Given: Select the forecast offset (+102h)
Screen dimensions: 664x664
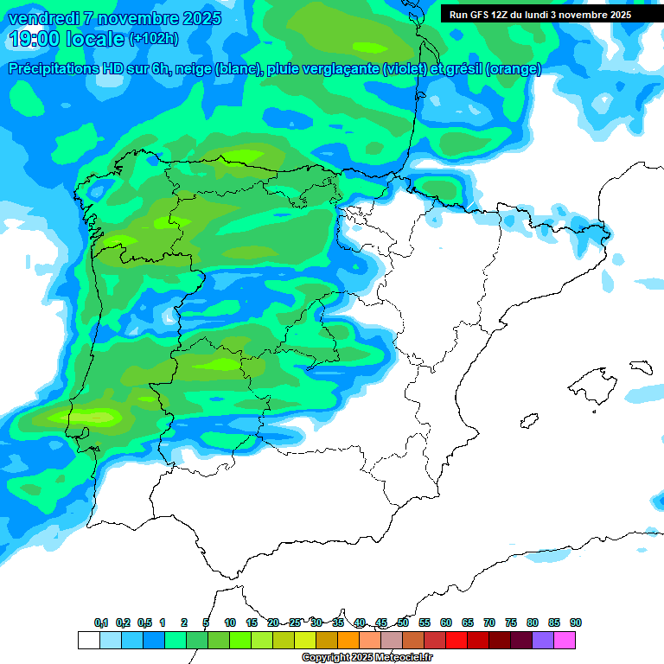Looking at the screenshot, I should coord(153,39).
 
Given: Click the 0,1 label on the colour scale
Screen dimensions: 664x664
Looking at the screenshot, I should coord(101,622).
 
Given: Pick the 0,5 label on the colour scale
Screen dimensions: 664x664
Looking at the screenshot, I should coord(144,622).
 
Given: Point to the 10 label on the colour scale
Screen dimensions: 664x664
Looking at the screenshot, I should coord(230,622).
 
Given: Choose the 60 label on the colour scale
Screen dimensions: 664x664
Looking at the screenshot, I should coord(446,622).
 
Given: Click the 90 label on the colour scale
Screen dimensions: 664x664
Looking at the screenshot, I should coord(576,622).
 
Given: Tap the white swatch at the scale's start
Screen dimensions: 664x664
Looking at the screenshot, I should coord(88,640).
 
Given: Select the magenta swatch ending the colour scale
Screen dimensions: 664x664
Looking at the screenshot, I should coord(565,640).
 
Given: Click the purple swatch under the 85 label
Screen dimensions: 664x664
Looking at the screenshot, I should coord(543,640).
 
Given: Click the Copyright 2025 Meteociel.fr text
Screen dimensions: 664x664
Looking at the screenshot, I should coord(367,658).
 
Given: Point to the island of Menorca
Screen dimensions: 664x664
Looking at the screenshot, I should coord(641,366).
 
